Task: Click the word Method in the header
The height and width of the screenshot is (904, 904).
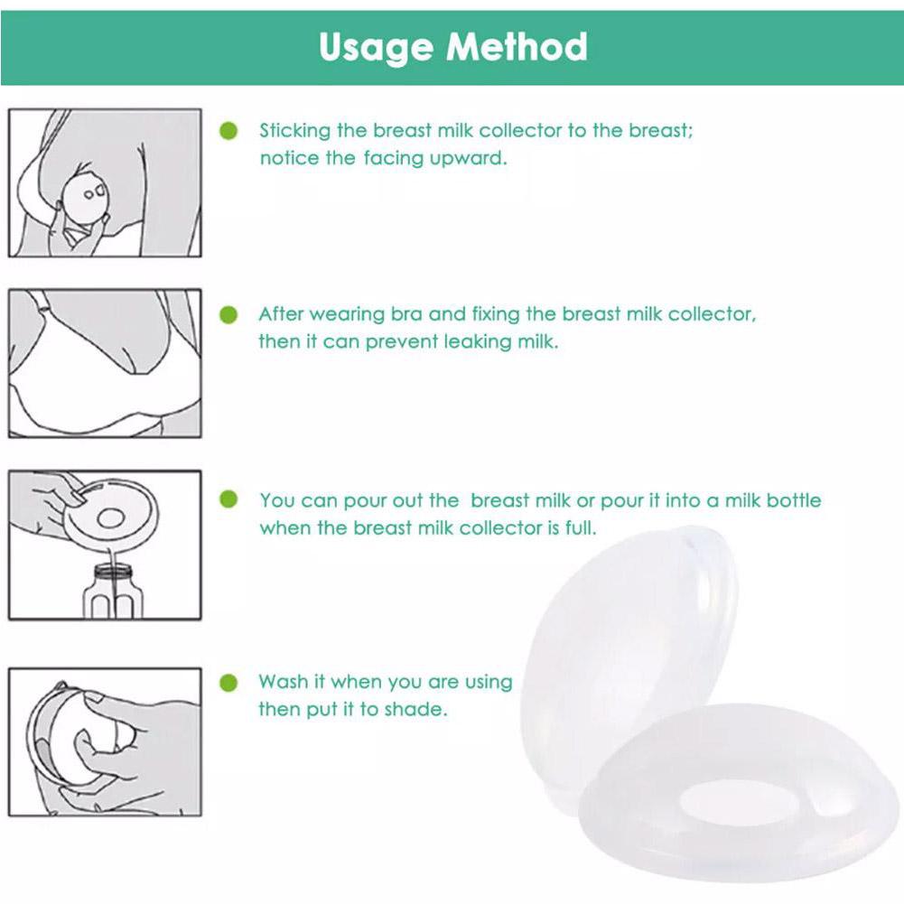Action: pos(517,46)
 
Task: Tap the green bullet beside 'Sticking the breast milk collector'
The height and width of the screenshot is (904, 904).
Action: pos(228,131)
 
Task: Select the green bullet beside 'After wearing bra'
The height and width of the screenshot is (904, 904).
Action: pos(228,315)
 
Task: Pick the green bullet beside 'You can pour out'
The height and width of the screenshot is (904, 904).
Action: pos(228,499)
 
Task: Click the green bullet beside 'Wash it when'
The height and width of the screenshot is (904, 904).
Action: pos(228,683)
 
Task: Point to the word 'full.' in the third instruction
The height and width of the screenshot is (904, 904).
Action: pos(581,527)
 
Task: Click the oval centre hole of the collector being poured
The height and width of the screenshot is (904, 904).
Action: pos(111,517)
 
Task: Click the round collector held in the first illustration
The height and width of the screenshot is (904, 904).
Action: pos(85,200)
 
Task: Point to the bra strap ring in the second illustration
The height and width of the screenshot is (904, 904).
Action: pos(41,309)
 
